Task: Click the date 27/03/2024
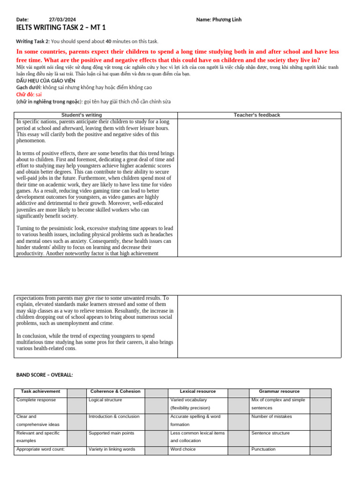coord(62,20)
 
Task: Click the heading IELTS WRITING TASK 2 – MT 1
coord(61,28)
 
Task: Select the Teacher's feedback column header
coord(257,115)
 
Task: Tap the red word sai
coord(39,94)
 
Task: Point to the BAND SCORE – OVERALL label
coord(45,375)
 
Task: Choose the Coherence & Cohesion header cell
coord(115,391)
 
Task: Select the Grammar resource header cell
coord(279,391)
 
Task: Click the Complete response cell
coord(36,400)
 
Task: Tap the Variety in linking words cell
coord(112,449)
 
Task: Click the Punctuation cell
coord(263,449)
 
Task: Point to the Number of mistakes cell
coord(271,416)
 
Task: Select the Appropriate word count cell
coord(40,449)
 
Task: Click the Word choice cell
coord(183,449)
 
